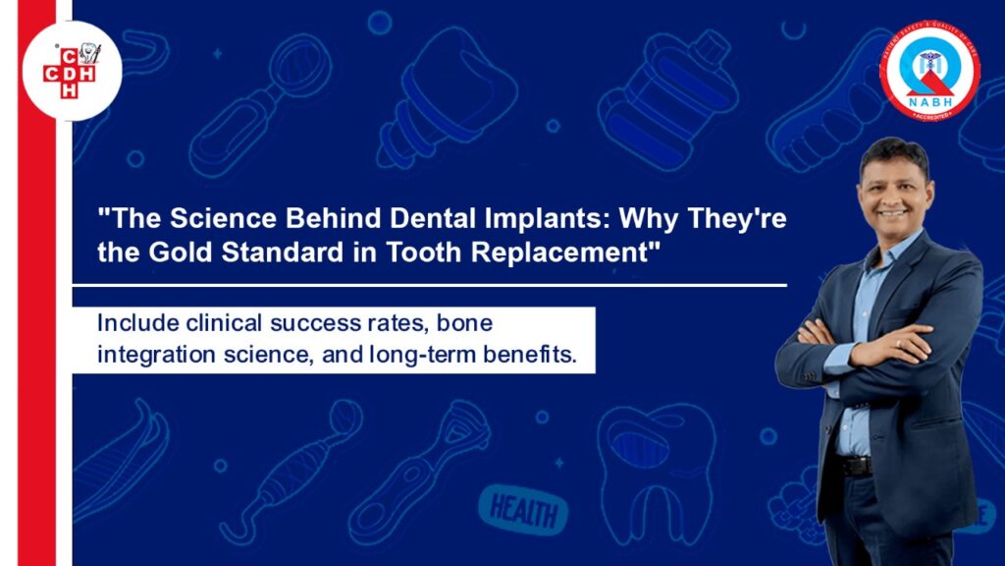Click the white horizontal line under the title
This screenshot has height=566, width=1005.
click(429, 285)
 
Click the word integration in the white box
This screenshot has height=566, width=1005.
click(152, 354)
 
